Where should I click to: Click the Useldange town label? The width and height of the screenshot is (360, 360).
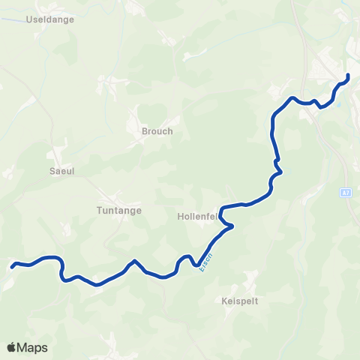pos(50,19)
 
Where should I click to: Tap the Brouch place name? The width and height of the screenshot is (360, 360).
pos(157,131)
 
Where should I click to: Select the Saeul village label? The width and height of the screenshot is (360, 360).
pos(61,171)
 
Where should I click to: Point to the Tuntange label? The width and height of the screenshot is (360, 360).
pos(119,211)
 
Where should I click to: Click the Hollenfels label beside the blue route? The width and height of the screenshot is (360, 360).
pos(197,216)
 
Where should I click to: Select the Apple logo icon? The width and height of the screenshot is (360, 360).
pos(12,347)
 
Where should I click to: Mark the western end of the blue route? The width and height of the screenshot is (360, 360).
pos(12,265)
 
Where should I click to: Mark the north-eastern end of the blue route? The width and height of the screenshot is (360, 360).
pos(348,76)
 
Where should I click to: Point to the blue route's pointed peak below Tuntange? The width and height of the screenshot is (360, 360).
pos(134,261)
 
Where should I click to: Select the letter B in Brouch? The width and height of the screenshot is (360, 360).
pos(145,131)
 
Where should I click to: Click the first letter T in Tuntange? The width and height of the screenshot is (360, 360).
pos(99,211)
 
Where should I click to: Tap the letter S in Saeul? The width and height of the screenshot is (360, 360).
pos(51,171)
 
